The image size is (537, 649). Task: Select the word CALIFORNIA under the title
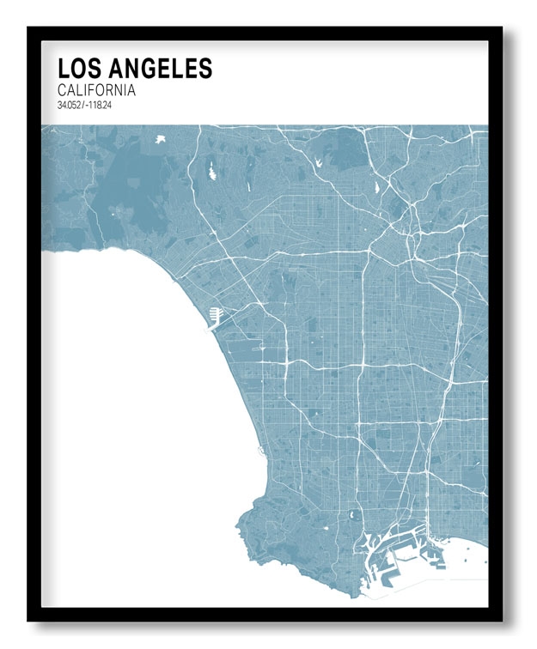pos(97,89)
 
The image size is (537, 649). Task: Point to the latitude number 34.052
pos(70,105)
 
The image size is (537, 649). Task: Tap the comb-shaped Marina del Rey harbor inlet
pos(215,317)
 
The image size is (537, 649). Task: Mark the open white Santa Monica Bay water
pos(129,386)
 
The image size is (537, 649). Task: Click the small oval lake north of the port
pos(351,516)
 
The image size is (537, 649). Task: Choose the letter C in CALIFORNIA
pos(63,89)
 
